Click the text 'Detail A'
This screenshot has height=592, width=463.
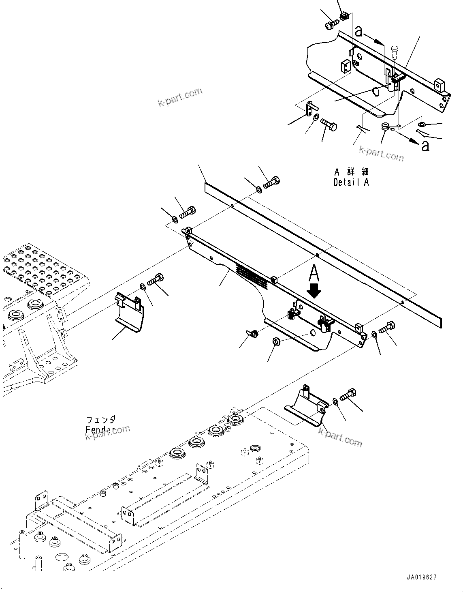click(351, 182)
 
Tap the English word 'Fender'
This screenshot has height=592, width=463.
click(100, 430)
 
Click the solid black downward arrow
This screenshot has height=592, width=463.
click(314, 290)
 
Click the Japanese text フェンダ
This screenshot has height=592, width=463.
click(101, 419)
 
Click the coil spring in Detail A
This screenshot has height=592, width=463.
click(385, 127)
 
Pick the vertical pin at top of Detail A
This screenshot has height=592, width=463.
click(395, 52)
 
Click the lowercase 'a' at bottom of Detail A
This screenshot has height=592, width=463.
click(425, 146)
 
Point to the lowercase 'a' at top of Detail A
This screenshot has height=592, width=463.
click(358, 30)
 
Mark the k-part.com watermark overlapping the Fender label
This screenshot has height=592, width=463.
click(108, 432)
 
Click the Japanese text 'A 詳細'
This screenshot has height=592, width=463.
click(351, 172)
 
